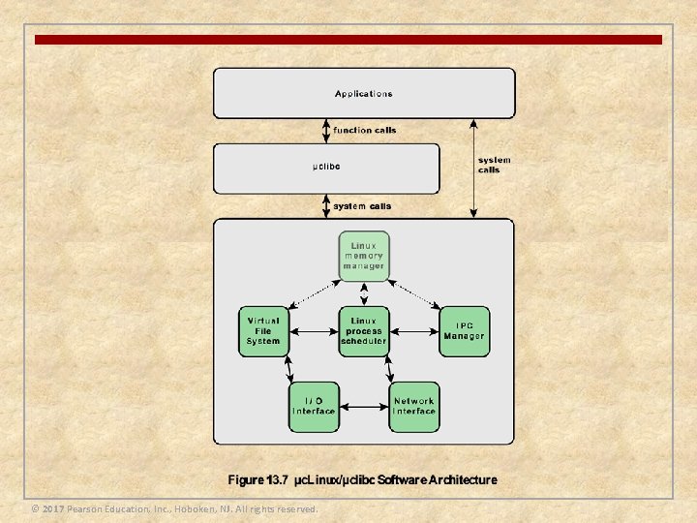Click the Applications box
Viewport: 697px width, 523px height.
coord(364,93)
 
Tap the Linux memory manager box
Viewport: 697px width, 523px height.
coord(364,256)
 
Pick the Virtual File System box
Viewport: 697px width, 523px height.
coord(263,331)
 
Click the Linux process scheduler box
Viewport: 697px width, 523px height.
coord(364,331)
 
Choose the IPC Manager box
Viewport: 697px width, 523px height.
coord(465,331)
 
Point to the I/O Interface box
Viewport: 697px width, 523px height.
coord(314,406)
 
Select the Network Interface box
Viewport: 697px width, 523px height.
coord(414,406)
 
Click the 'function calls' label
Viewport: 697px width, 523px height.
coord(365,131)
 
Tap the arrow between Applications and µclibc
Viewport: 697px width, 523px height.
coord(327,131)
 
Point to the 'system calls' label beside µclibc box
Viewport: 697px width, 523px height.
coord(494,165)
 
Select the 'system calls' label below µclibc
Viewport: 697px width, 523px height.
coord(363,206)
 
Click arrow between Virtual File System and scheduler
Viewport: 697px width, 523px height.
coord(314,332)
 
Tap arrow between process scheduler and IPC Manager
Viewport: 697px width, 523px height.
coord(414,332)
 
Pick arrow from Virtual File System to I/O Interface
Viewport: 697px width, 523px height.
coord(288,369)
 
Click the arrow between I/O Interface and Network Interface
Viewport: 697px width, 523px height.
coord(364,407)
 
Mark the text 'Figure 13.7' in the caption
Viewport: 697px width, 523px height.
coord(258,480)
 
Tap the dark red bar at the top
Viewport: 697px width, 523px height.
coord(348,40)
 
